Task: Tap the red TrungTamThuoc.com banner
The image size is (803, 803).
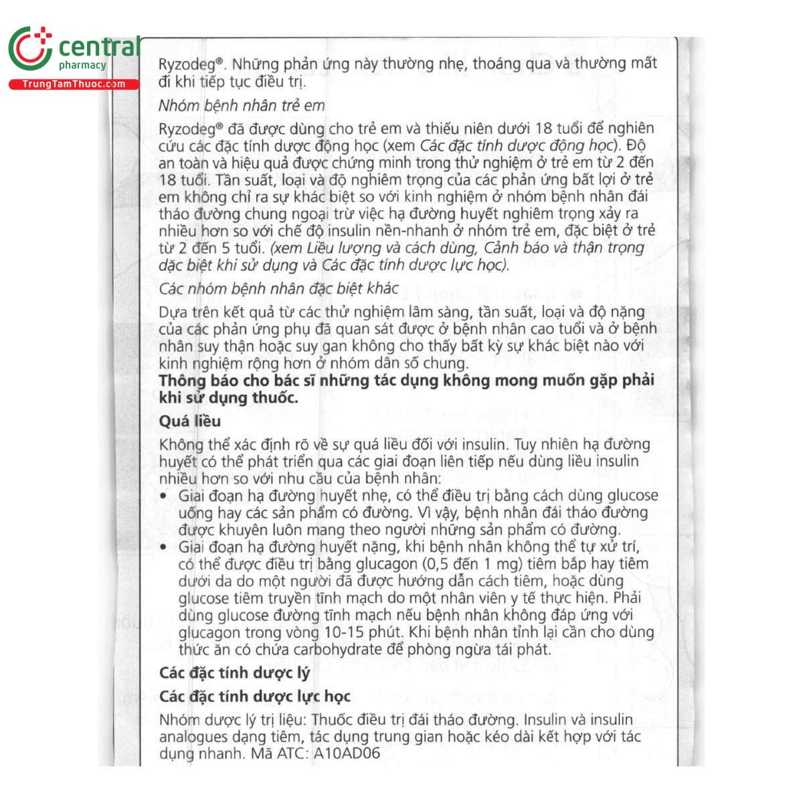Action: [x=74, y=84]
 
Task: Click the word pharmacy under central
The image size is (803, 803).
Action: [x=82, y=66]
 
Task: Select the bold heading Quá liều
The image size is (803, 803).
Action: [x=189, y=422]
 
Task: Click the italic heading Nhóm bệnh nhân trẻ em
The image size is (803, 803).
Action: [x=242, y=106]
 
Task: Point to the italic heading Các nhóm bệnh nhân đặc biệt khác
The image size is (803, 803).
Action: [x=278, y=289]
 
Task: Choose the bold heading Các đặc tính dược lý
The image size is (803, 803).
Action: [x=234, y=673]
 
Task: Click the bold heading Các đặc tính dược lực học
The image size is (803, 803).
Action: [x=254, y=697]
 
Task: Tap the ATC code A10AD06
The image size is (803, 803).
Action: [x=347, y=753]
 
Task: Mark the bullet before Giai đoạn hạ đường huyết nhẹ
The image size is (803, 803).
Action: [x=164, y=496]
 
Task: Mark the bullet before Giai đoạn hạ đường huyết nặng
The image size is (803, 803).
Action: [x=164, y=547]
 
